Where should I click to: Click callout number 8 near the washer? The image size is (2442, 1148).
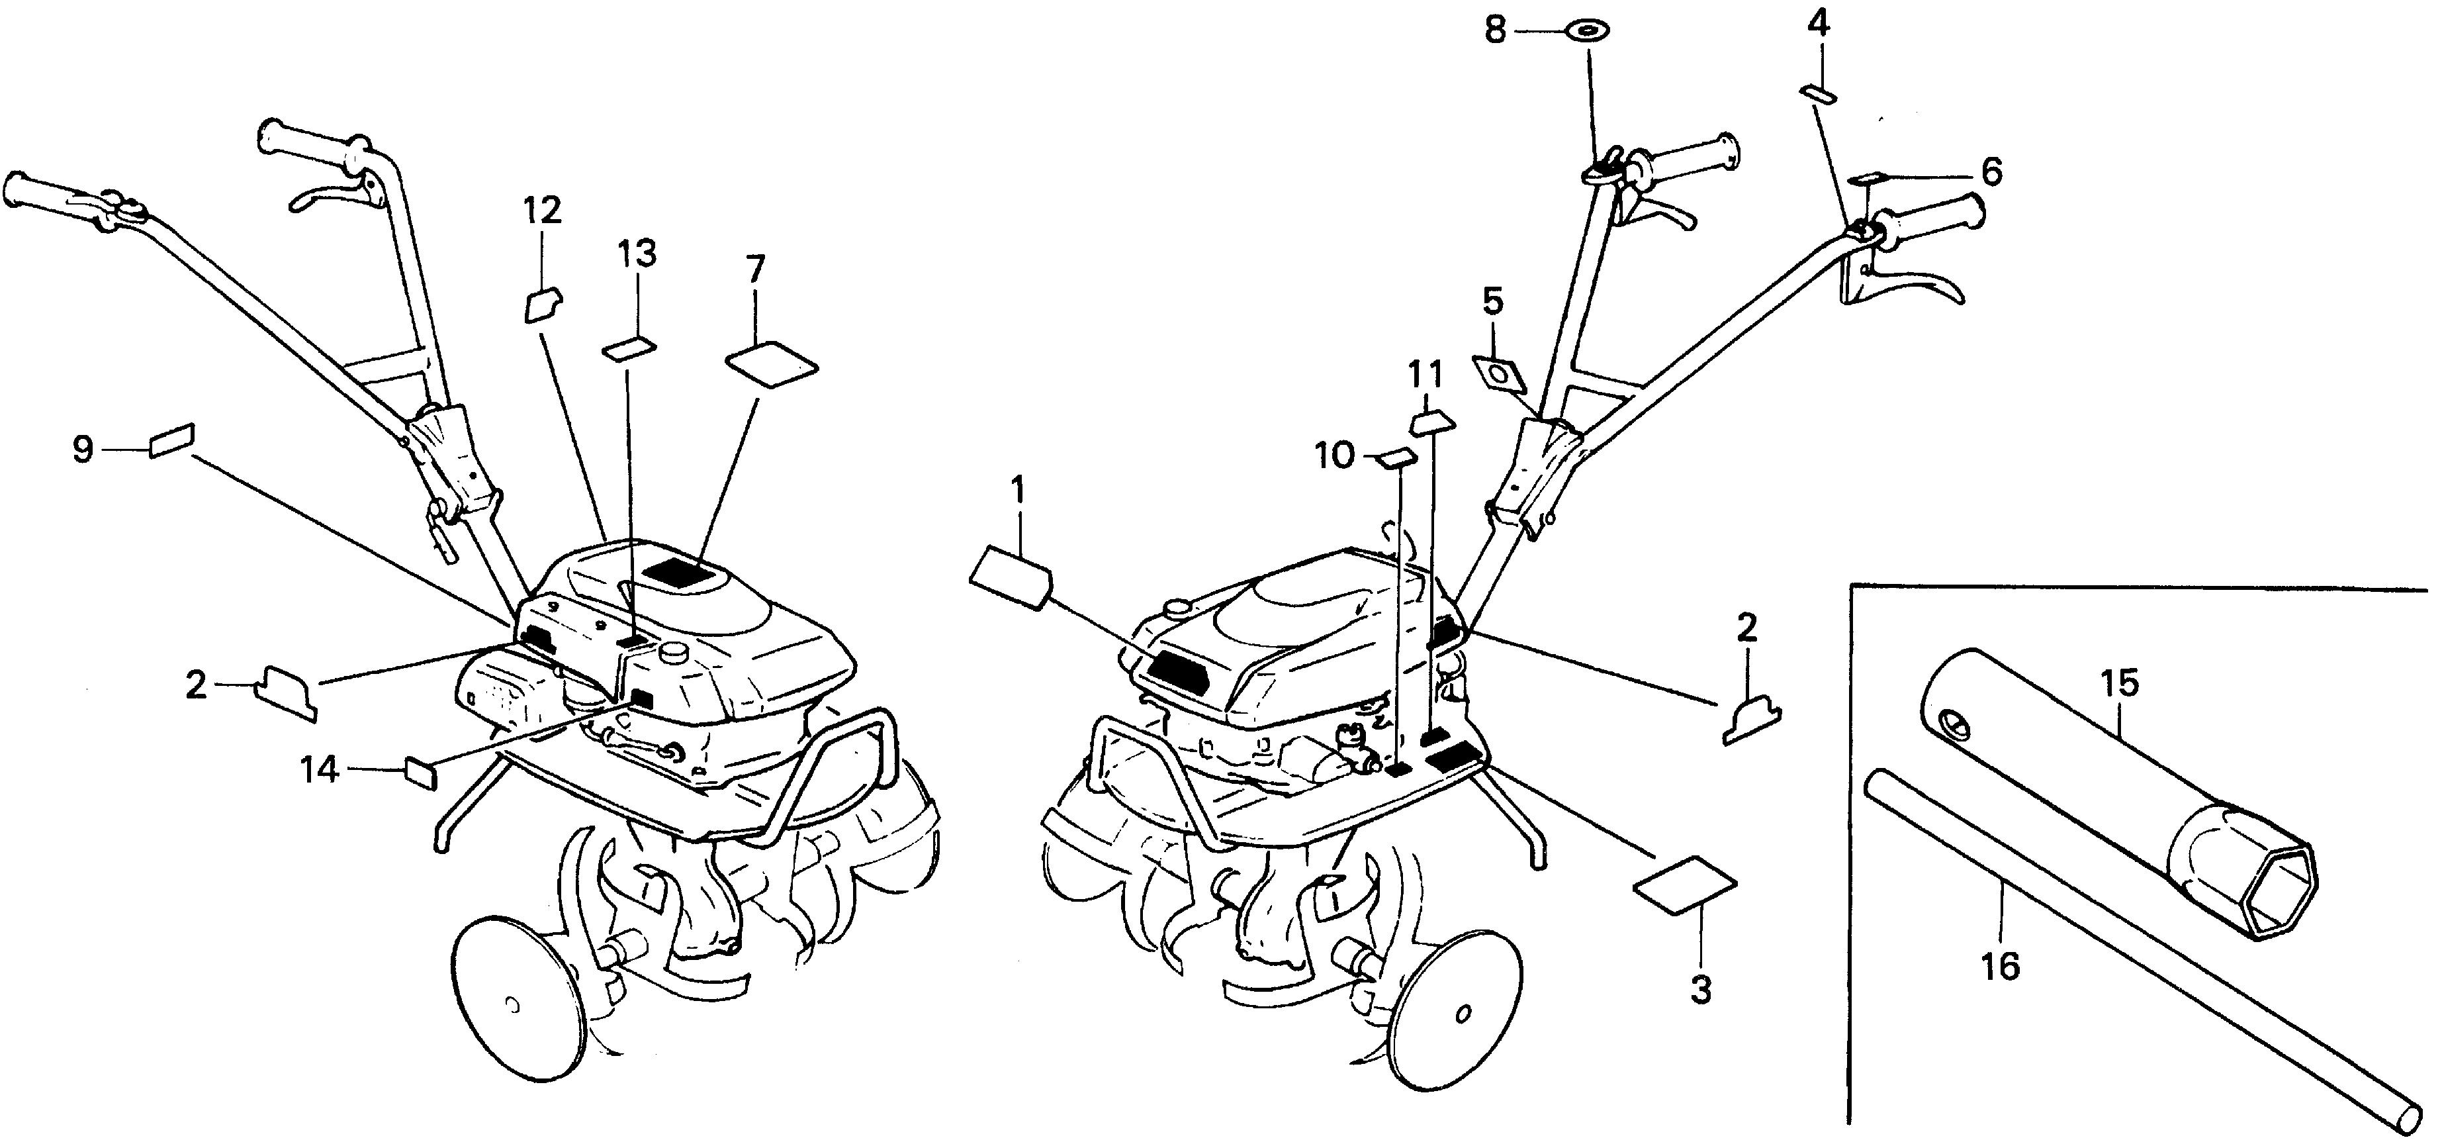click(1494, 31)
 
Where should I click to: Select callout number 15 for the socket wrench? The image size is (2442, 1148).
click(2120, 683)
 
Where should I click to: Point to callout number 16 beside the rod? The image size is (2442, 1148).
click(2000, 966)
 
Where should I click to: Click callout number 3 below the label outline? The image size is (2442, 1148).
click(1701, 990)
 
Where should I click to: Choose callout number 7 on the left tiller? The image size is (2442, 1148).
click(754, 269)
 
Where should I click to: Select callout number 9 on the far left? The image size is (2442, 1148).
click(83, 448)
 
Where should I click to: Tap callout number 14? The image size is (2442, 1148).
click(320, 770)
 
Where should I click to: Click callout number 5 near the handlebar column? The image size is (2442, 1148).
click(1492, 301)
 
